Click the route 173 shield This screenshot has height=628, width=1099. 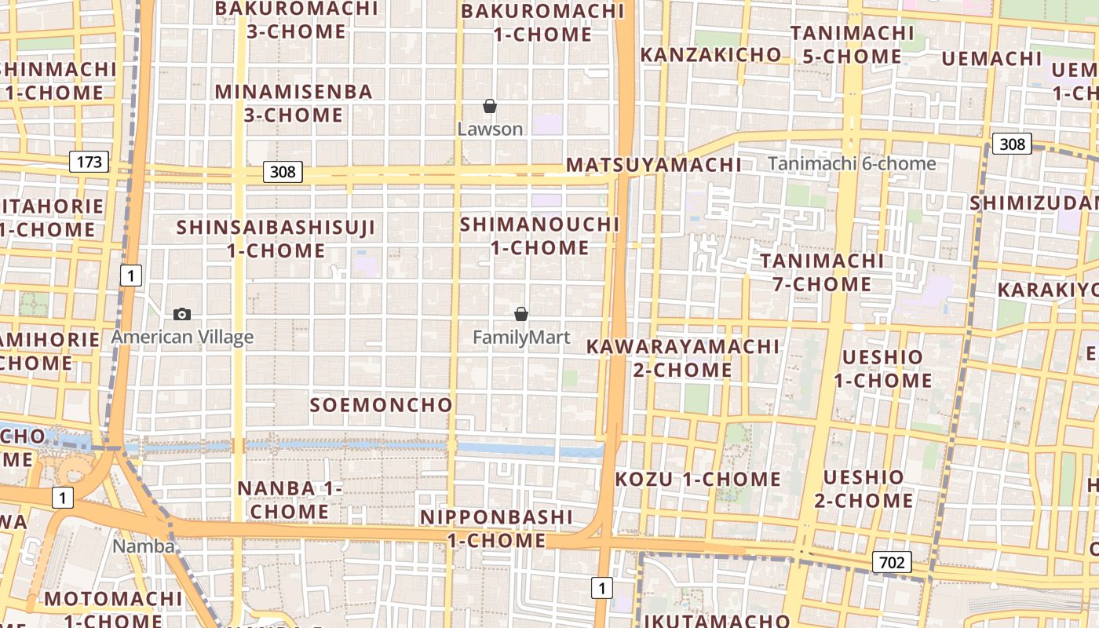tap(89, 162)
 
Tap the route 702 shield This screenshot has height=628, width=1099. tap(891, 562)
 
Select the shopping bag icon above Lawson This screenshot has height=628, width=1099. tap(490, 106)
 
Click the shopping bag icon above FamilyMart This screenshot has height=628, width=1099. tap(520, 314)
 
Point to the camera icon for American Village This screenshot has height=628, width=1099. tap(182, 314)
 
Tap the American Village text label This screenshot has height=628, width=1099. tap(182, 338)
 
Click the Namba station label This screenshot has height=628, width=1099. tap(144, 546)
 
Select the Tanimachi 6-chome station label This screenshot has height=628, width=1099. tap(852, 164)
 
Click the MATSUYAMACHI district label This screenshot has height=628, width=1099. tap(653, 165)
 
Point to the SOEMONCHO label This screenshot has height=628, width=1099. tap(381, 405)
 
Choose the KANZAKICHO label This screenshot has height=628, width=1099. tap(710, 55)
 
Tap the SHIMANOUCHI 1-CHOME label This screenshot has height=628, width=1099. tap(540, 235)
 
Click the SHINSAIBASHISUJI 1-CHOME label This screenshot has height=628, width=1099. tap(276, 239)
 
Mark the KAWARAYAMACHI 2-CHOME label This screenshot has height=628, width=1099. tap(683, 358)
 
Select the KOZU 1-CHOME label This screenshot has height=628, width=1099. tap(698, 479)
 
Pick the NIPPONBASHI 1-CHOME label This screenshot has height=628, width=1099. tap(496, 528)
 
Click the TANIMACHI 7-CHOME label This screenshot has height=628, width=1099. tap(822, 272)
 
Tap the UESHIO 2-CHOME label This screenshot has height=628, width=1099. tap(863, 488)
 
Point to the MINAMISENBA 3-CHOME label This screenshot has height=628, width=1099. tap(294, 103)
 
